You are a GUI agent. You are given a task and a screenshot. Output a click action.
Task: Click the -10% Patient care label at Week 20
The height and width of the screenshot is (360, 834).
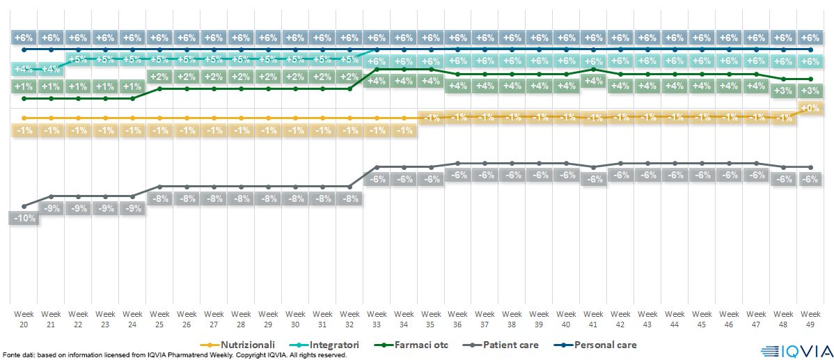[x=24, y=218]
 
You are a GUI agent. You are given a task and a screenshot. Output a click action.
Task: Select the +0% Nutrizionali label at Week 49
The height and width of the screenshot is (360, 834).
[x=810, y=108]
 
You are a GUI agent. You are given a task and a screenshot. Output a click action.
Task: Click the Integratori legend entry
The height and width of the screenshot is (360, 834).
[x=329, y=345]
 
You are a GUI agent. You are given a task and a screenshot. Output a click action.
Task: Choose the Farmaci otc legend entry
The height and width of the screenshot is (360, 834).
[x=418, y=345]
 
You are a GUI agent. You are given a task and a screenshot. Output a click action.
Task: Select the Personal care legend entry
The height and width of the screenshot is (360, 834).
[x=599, y=345]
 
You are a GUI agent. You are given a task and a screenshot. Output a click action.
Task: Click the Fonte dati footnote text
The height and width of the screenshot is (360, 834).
[x=174, y=355]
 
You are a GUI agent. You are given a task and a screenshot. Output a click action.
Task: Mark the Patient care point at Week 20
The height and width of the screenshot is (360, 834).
[x=24, y=206]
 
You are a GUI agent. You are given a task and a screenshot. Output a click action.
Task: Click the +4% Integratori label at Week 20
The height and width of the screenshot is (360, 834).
[x=24, y=69]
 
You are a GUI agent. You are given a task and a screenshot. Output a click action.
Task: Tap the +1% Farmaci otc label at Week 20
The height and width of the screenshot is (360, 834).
[x=24, y=86]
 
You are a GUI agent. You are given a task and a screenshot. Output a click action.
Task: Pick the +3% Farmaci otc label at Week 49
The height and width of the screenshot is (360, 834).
[x=810, y=91]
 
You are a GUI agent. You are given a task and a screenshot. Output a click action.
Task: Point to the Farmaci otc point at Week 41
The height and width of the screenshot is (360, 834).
[x=593, y=69]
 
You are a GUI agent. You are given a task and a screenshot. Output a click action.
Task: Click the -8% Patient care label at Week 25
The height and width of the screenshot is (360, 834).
[x=159, y=198]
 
